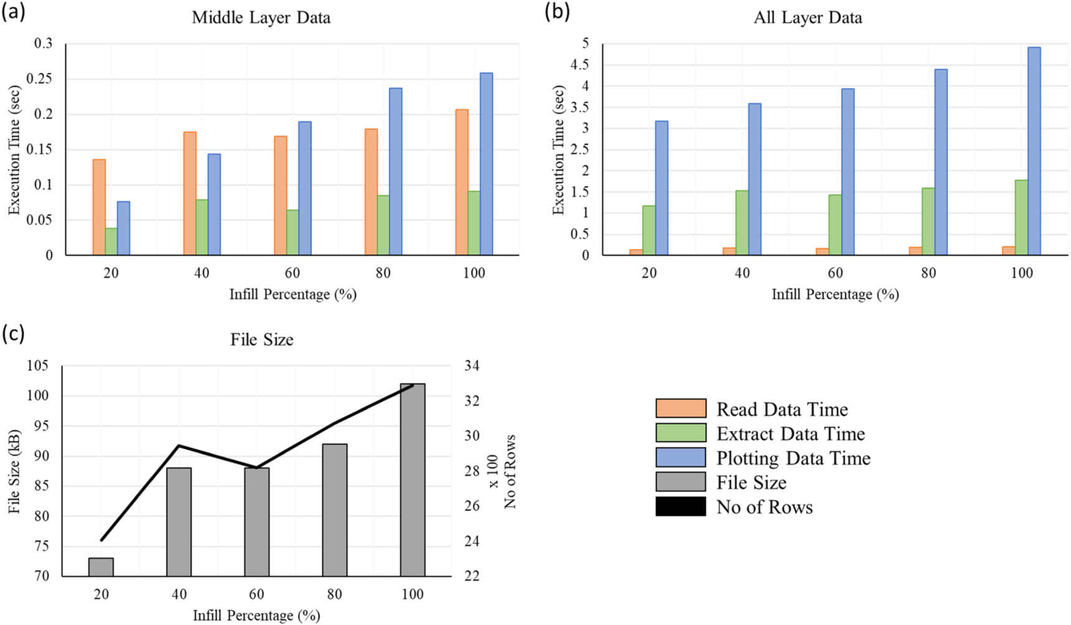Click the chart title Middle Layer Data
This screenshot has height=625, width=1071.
[x=261, y=17]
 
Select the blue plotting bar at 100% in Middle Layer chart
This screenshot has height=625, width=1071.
[x=486, y=164]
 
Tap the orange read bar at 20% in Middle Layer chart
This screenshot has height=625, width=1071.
[x=99, y=207]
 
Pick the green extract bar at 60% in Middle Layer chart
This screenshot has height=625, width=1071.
[x=292, y=232]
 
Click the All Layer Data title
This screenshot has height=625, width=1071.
[x=808, y=17]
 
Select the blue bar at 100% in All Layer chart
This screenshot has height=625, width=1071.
[x=1034, y=151]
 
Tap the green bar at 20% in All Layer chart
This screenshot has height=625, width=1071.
[x=649, y=230]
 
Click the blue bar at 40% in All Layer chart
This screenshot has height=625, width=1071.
[x=755, y=179]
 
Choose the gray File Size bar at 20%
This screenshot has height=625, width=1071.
[x=101, y=567]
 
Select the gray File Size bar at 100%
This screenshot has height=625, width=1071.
[x=412, y=480]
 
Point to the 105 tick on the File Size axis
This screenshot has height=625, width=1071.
[x=37, y=365]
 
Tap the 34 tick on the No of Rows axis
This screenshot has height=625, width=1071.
[x=471, y=365]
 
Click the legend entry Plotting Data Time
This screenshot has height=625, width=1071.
[x=793, y=458]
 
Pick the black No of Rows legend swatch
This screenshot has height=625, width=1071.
[x=681, y=507]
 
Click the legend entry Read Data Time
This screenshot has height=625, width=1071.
[x=782, y=410]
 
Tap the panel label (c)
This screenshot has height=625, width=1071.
[x=13, y=334]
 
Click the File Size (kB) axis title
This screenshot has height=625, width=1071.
[x=14, y=471]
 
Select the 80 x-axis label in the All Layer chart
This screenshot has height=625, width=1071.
[x=928, y=273]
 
